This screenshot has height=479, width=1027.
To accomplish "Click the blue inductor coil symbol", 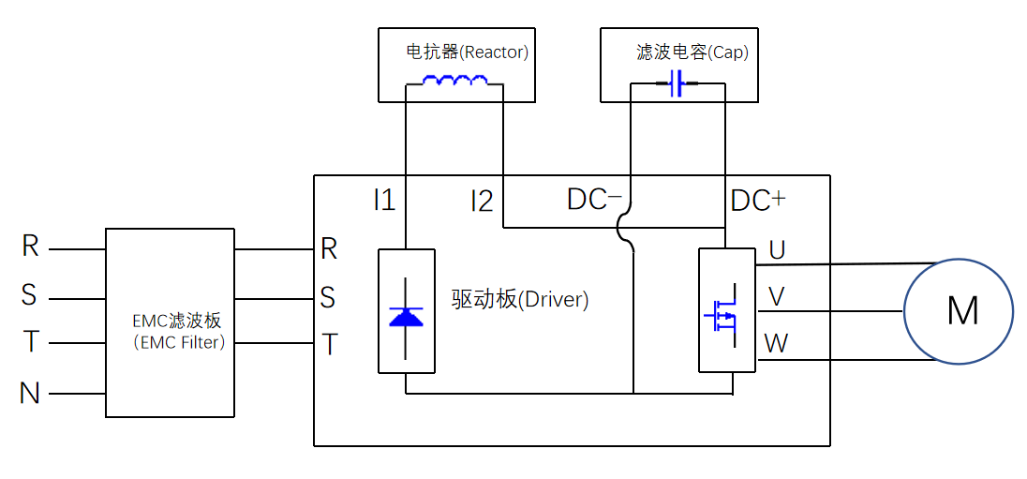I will point(454,82).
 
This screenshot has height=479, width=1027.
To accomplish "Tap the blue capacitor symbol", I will point(677,84).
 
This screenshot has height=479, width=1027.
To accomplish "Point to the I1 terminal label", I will point(384,200).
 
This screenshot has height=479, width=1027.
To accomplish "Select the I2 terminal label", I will point(482,201).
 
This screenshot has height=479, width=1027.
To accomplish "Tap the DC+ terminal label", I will point(757,200).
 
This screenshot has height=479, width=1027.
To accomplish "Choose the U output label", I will point(777,249).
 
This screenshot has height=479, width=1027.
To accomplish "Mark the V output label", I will point(777,297).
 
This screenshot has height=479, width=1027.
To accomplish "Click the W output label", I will point(777,343).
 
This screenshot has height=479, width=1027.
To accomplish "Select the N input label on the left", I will point(30,394).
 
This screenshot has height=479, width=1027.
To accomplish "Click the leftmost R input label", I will point(30,247).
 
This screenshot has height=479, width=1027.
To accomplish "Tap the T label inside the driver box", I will point(329,345).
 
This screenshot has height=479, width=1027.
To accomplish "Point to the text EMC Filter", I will point(179,343).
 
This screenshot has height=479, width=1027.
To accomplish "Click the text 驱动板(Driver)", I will point(519,300).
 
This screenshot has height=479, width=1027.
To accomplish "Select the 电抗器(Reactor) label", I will point(467,52).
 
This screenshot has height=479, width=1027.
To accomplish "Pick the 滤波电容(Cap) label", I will point(692,52).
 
